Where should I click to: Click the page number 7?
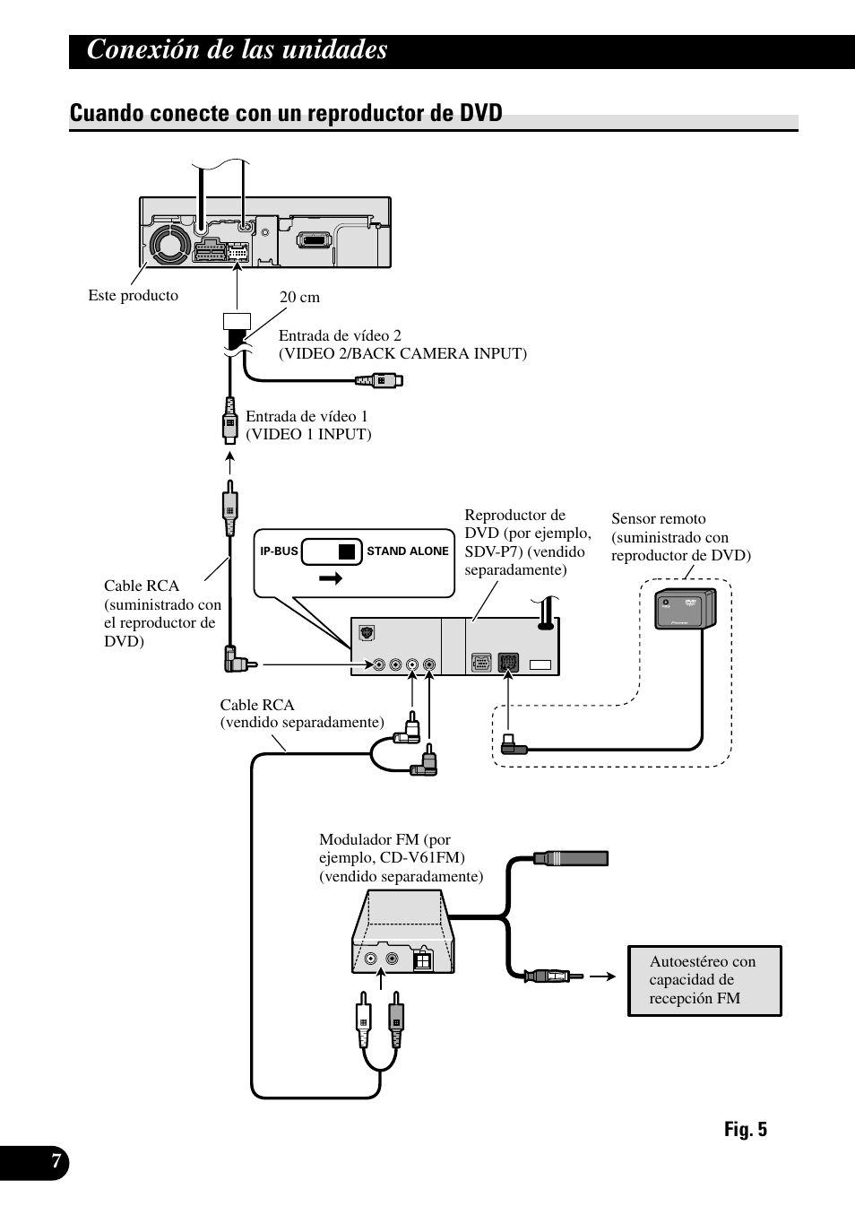(x=56, y=1161)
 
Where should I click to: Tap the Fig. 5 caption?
(x=746, y=1129)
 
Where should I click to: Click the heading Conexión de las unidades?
(x=237, y=50)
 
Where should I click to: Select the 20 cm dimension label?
(x=299, y=297)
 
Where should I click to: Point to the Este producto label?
(x=133, y=296)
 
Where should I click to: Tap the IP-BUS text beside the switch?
(x=279, y=551)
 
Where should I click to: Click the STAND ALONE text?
(x=408, y=551)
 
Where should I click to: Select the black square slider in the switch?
(x=347, y=551)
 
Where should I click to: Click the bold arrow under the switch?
(x=331, y=578)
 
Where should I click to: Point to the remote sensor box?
(x=686, y=609)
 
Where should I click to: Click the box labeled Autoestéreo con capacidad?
(x=704, y=981)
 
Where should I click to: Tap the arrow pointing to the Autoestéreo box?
(x=602, y=976)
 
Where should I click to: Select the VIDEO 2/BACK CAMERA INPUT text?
(x=402, y=353)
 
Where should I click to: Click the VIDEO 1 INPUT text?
(x=308, y=435)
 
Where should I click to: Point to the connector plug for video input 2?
(x=379, y=380)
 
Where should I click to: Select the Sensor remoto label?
(x=681, y=537)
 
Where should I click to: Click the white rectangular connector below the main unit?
(x=237, y=321)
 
